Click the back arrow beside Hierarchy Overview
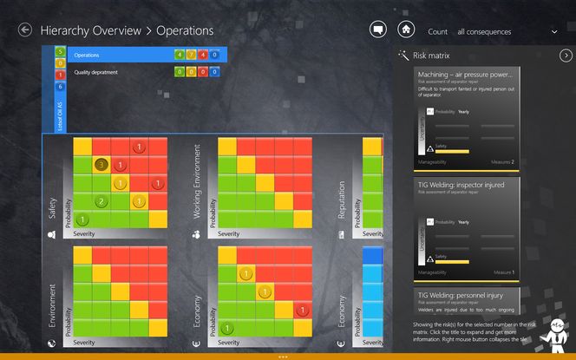click(25, 30)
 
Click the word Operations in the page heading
click(185, 30)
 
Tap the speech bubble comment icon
click(377, 29)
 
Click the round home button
click(405, 29)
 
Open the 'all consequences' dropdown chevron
click(554, 32)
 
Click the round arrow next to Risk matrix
click(566, 56)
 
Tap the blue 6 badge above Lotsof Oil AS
click(60, 87)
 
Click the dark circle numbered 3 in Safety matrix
click(101, 165)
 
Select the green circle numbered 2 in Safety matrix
click(101, 202)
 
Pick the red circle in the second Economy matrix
click(301, 311)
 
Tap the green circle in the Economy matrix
click(226, 329)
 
